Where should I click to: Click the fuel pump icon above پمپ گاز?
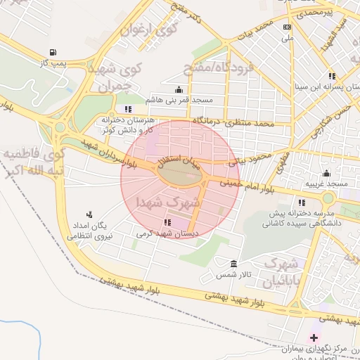[x=53, y=52]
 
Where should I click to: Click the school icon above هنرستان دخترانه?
[x=127, y=109]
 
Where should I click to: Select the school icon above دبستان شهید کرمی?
[x=167, y=222]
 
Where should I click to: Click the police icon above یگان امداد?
[x=89, y=214]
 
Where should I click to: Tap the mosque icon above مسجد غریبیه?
[x=326, y=174]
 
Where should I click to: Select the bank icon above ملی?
[x=286, y=27]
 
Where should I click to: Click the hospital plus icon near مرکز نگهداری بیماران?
[x=314, y=338]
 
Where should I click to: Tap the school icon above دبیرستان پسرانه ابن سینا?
[x=332, y=76]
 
